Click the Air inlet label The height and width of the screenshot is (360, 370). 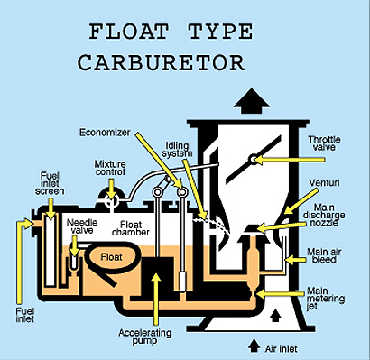coord(287,346)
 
